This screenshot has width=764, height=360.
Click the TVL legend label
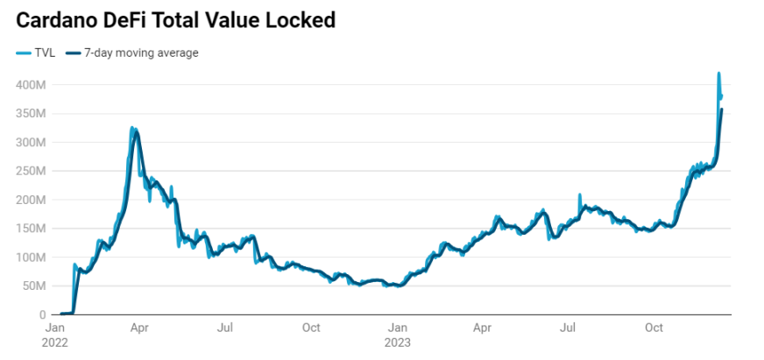pyautogui.click(x=45, y=53)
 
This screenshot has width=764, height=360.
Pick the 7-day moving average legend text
pyautogui.click(x=141, y=53)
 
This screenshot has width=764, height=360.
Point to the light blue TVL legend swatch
pyautogui.click(x=24, y=53)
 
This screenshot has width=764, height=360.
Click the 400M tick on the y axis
pyautogui.click(x=31, y=85)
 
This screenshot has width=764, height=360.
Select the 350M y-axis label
pyautogui.click(x=31, y=114)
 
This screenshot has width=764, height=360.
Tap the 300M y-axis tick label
pyautogui.click(x=31, y=142)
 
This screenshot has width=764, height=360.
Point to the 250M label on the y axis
pyautogui.click(x=31, y=171)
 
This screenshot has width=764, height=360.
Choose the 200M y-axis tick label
pyautogui.click(x=31, y=200)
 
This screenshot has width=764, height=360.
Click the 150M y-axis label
pyautogui.click(x=31, y=229)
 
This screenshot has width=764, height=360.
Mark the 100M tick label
pyautogui.click(x=31, y=258)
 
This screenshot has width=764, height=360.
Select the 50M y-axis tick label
pyautogui.click(x=33, y=286)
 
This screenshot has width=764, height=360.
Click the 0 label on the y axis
pyautogui.click(x=43, y=315)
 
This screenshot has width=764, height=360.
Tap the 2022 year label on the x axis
pyautogui.click(x=54, y=342)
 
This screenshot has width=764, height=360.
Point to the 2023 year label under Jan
pyautogui.click(x=397, y=342)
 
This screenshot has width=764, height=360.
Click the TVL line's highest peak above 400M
pyautogui.click(x=718, y=74)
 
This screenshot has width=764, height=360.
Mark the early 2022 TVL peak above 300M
pyautogui.click(x=132, y=129)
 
